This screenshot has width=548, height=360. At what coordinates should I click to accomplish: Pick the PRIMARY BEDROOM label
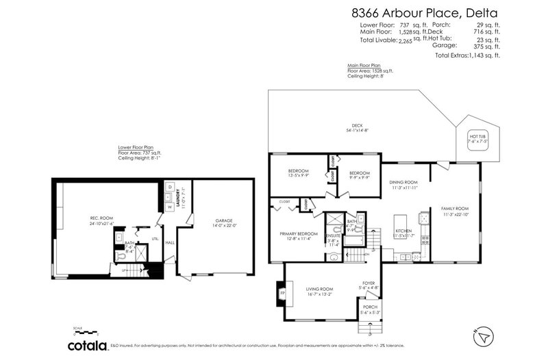tap(297, 234)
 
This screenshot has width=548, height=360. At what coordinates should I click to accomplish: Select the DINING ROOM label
tap(403, 182)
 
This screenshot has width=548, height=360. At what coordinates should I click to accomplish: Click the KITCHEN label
tap(403, 231)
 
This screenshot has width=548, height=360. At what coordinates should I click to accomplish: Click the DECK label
tap(356, 125)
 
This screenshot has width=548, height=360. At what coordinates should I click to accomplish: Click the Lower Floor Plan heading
tap(135, 146)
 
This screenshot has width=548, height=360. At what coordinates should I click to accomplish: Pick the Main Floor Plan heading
tap(364, 65)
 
